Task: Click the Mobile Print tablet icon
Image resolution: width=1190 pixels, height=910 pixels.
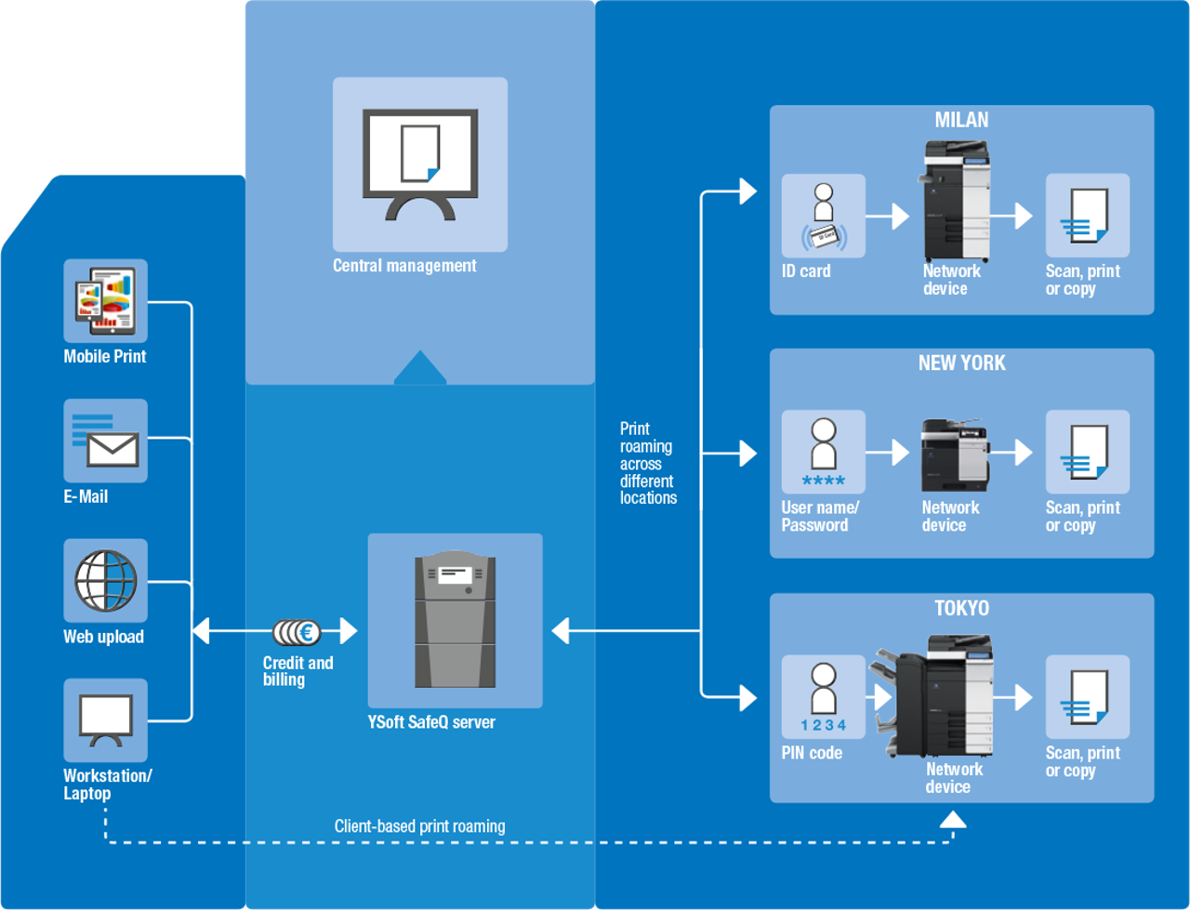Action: pyautogui.click(x=105, y=300)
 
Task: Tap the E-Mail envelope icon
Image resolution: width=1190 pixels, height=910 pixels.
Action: pyautogui.click(x=105, y=441)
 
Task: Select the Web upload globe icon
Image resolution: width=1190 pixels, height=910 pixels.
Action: pyautogui.click(x=105, y=580)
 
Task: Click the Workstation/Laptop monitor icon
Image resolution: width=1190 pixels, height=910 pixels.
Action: pyautogui.click(x=105, y=719)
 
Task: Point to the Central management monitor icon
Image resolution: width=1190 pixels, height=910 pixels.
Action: pyautogui.click(x=420, y=164)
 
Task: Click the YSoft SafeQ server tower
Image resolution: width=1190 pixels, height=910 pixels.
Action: pyautogui.click(x=455, y=620)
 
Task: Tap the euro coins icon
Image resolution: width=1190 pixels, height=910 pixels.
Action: pyautogui.click(x=297, y=632)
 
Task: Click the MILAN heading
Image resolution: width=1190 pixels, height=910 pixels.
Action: pyautogui.click(x=961, y=120)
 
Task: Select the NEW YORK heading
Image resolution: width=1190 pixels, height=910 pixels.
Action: pyautogui.click(x=961, y=363)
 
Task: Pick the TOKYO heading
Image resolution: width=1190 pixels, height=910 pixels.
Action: pyautogui.click(x=961, y=609)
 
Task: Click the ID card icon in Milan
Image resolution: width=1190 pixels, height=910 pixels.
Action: pyautogui.click(x=823, y=216)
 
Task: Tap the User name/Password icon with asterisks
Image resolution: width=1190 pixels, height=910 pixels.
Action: pyautogui.click(x=823, y=452)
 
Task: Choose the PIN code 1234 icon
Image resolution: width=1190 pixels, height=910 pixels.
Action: pyautogui.click(x=823, y=697)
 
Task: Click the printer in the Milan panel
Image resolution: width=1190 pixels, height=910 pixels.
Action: pyautogui.click(x=956, y=201)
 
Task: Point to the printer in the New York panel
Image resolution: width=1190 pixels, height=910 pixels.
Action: pyautogui.click(x=953, y=455)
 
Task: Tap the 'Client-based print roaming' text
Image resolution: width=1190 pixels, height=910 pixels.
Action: pyautogui.click(x=419, y=826)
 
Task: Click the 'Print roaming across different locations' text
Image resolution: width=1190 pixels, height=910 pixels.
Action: pyautogui.click(x=648, y=463)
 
